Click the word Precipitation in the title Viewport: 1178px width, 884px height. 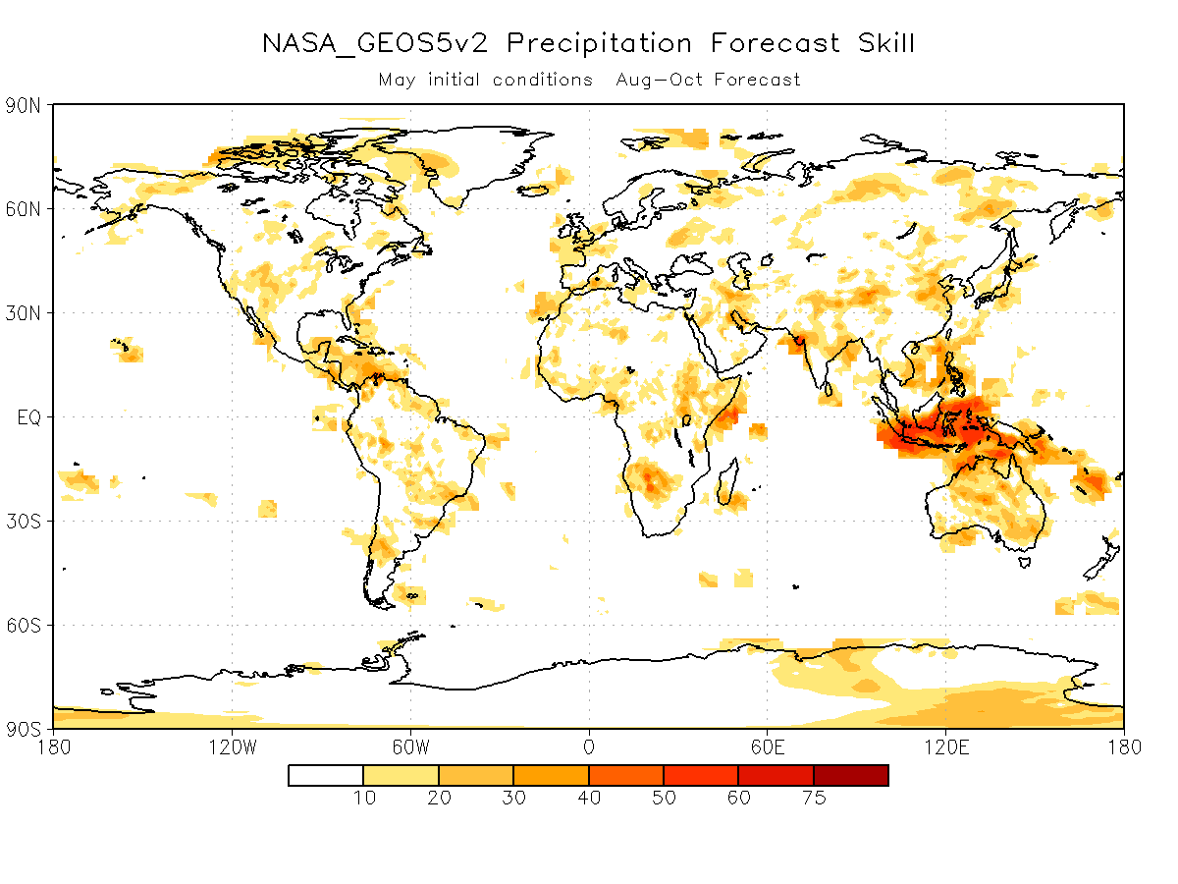(x=599, y=43)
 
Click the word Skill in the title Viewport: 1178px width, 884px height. (x=885, y=43)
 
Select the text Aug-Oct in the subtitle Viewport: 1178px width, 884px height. (x=659, y=80)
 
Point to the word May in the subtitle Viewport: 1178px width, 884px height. (x=397, y=80)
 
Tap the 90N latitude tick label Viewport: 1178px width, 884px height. (x=24, y=106)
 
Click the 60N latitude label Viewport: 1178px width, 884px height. (x=24, y=209)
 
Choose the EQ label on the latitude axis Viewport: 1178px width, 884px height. (x=29, y=417)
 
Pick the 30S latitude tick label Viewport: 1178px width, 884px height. (x=24, y=522)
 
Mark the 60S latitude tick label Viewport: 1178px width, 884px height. (x=24, y=626)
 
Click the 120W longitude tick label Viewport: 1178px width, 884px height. (x=233, y=747)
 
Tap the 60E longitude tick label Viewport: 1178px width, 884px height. (x=768, y=747)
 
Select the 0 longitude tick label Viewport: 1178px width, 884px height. (x=589, y=747)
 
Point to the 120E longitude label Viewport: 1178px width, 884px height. (x=946, y=747)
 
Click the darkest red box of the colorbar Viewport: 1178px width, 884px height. (x=851, y=776)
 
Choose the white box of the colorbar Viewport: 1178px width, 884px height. (x=326, y=776)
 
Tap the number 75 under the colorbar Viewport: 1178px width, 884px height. (x=814, y=799)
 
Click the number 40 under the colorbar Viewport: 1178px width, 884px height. (x=589, y=799)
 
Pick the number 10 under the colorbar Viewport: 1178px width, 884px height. (x=364, y=799)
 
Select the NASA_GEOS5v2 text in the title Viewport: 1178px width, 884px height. (x=375, y=43)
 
